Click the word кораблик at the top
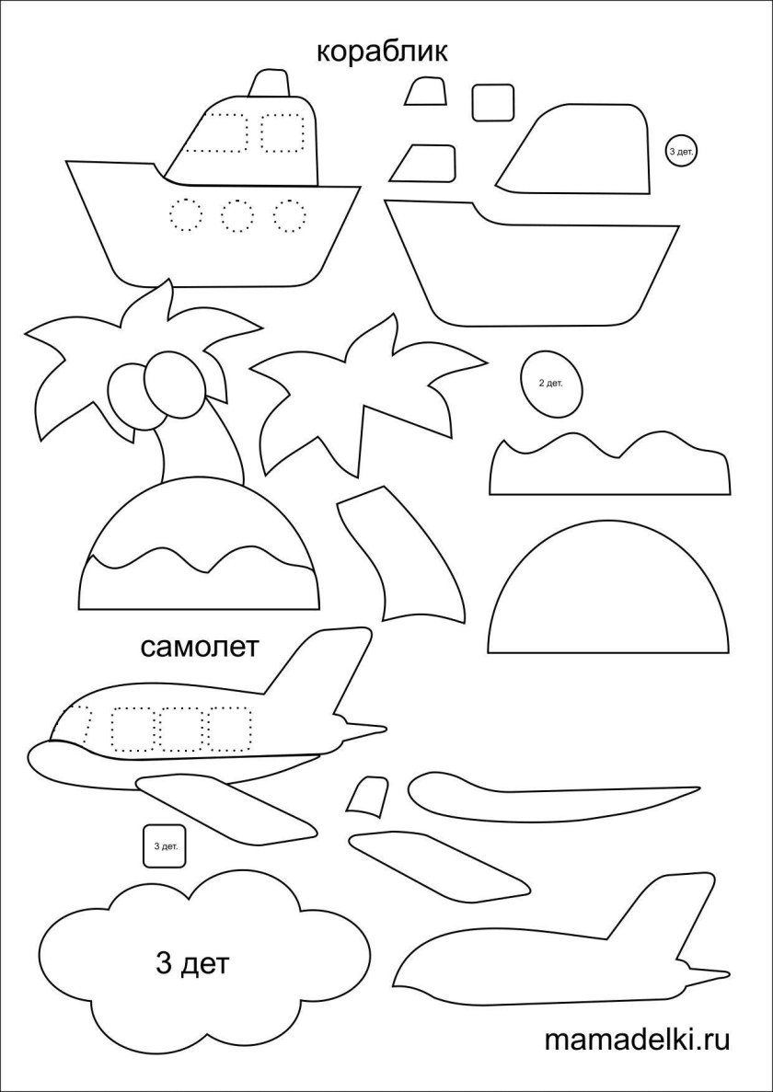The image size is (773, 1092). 382,53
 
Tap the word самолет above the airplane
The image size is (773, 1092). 200,647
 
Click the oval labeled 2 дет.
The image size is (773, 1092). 550,384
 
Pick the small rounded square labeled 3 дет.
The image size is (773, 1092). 165,846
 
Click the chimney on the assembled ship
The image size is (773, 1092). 267,83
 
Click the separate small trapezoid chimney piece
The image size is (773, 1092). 424,91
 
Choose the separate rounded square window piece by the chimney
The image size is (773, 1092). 493,102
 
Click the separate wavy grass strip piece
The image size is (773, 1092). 610,466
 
